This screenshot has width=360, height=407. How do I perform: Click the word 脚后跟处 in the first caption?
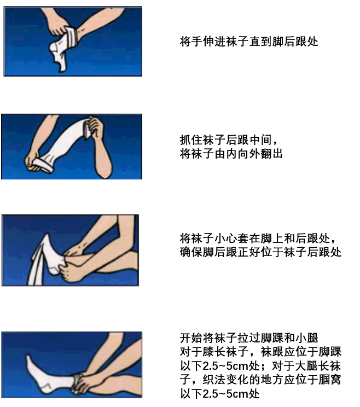click(x=295, y=42)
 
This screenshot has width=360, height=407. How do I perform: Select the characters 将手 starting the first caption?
click(x=191, y=42)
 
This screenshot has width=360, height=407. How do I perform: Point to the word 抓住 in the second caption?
click(x=191, y=140)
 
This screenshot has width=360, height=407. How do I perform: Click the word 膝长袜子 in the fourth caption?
click(x=214, y=352)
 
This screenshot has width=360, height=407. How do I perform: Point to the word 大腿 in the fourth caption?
click(x=306, y=366)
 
